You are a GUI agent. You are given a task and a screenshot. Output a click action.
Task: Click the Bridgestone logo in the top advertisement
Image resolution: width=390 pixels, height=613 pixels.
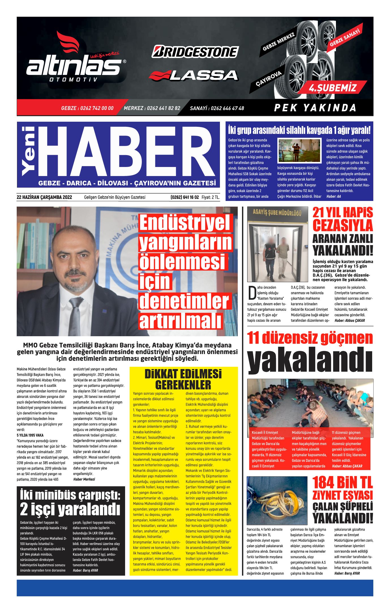point(195,52)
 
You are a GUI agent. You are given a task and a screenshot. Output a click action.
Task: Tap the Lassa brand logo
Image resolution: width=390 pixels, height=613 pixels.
point(194,75)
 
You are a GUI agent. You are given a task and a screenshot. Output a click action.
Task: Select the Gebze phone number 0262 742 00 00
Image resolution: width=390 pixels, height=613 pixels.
point(87,108)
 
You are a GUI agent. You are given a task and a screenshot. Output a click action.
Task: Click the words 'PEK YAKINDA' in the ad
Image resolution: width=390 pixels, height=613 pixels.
point(315,108)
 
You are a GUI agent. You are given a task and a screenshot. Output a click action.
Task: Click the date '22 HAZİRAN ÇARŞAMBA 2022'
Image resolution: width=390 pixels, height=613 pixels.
point(44,197)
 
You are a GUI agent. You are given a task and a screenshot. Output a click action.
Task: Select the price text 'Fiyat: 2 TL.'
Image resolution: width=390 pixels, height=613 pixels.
point(211,197)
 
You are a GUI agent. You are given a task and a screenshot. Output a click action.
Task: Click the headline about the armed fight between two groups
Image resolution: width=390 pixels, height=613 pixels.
point(299,130)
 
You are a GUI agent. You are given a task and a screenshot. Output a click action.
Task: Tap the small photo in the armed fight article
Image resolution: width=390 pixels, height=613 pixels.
point(299,150)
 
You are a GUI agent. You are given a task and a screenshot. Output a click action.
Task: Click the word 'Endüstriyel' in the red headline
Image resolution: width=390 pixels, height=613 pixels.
point(185,223)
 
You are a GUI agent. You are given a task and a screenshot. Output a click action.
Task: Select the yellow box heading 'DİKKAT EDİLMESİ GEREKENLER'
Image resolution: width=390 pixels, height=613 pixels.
point(183,379)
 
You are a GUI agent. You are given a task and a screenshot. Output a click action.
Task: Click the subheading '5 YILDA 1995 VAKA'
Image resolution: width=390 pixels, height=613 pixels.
point(30,435)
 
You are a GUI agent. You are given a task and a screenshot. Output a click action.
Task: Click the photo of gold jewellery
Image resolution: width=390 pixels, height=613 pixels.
point(277,501)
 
